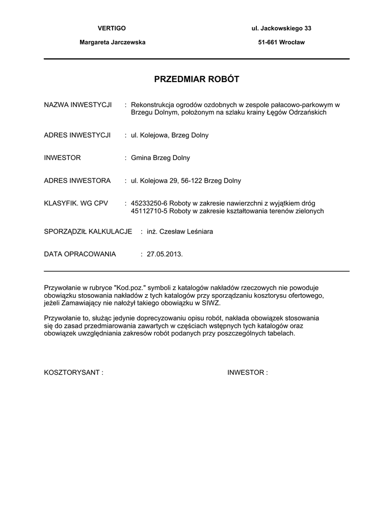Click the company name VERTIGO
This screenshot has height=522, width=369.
(112, 28)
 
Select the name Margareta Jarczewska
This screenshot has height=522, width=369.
(112, 42)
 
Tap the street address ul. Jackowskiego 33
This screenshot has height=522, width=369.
(278, 28)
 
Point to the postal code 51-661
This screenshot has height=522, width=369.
(268, 42)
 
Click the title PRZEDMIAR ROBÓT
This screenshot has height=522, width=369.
(196, 80)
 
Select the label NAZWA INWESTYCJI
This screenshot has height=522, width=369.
(78, 105)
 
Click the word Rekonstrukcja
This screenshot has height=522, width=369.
(152, 105)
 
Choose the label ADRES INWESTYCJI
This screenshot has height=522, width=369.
(77, 135)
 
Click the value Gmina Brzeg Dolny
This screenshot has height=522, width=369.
(160, 158)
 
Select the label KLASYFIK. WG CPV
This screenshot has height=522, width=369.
(76, 203)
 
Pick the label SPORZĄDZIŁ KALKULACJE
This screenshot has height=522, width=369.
(88, 231)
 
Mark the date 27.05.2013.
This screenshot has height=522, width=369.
(164, 254)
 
